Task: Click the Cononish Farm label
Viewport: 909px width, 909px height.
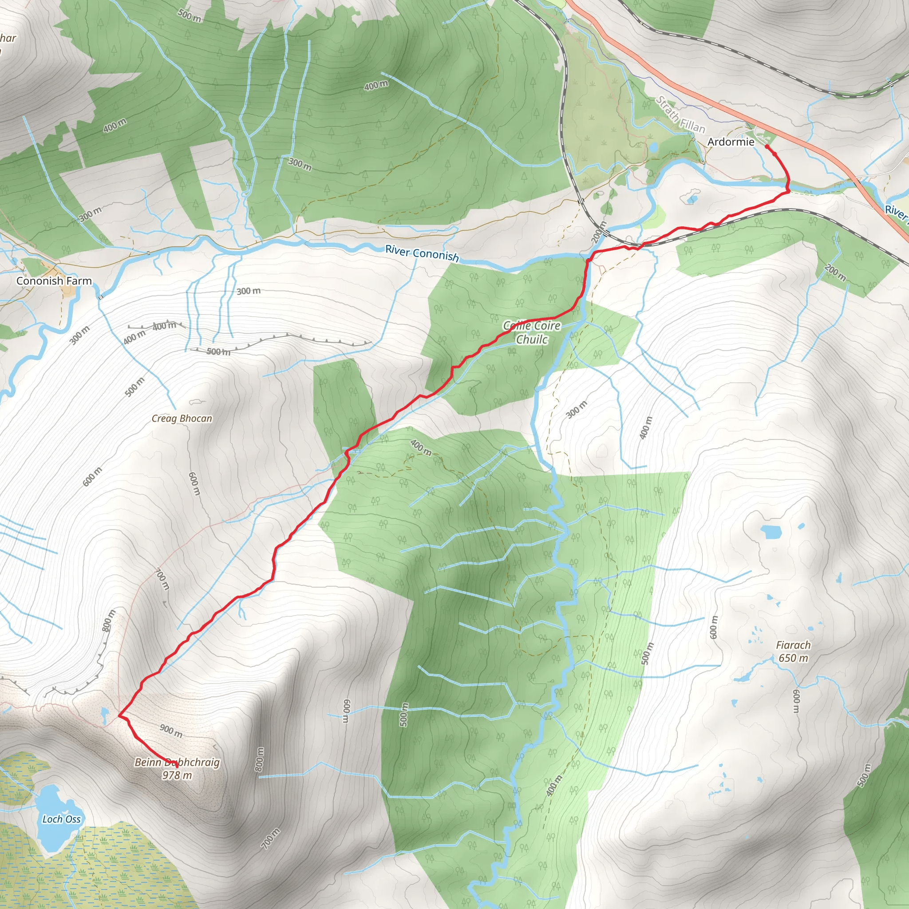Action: tap(54, 281)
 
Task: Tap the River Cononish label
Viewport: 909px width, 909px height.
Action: tap(422, 253)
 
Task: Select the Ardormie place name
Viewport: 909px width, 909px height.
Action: tap(731, 142)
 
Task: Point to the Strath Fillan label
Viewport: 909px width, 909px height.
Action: tap(680, 115)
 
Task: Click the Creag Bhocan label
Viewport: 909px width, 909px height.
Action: tap(182, 418)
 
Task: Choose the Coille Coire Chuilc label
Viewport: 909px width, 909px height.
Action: tap(532, 332)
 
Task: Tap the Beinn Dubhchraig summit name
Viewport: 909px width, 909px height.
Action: tap(177, 762)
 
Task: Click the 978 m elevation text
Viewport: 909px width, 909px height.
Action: tap(177, 775)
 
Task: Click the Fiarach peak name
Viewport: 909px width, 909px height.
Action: tap(793, 645)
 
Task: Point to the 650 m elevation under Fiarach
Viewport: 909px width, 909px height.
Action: tap(793, 658)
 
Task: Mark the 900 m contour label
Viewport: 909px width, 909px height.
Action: tap(171, 731)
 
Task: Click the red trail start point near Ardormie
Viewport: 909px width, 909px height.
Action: tap(767, 147)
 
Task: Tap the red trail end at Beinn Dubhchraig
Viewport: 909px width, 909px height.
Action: tap(177, 767)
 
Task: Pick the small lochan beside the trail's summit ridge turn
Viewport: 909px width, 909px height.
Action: tap(104, 715)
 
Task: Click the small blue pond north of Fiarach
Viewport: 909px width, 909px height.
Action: tap(771, 532)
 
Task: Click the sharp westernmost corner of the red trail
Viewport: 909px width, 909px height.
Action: tap(119, 715)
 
